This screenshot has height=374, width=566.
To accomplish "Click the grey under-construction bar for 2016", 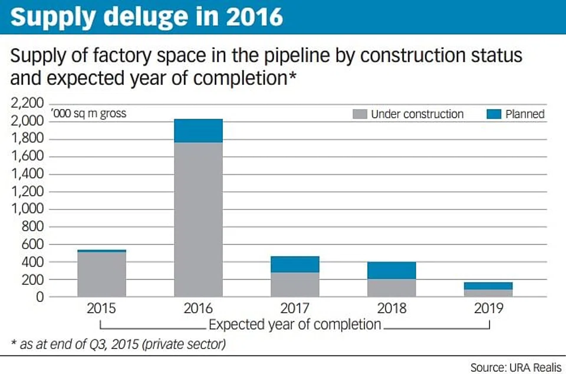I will click(198, 219).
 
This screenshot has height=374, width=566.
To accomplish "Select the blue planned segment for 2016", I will click(198, 130).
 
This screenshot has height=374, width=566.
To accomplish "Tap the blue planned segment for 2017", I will click(295, 264).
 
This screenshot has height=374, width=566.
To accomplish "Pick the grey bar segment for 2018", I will click(391, 287).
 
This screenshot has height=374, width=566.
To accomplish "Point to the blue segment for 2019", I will click(488, 286).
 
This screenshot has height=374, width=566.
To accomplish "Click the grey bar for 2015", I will click(101, 274).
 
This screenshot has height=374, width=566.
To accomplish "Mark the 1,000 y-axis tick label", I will click(28, 209).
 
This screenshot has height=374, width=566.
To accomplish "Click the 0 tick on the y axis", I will click(40, 297).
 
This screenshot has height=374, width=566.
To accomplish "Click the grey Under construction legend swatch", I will click(360, 114).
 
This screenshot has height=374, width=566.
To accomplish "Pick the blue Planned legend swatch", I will click(494, 114).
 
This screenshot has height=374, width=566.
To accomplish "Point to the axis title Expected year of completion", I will click(295, 324).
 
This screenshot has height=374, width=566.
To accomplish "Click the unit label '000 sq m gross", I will click(88, 113).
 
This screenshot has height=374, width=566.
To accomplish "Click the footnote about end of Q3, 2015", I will click(118, 344).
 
